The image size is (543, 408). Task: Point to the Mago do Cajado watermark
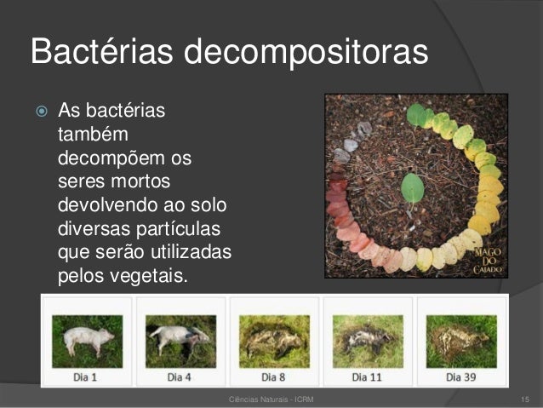(488, 256)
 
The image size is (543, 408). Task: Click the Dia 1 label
(86, 376)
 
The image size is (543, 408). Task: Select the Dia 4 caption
(180, 376)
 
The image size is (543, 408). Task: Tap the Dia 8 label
(273, 376)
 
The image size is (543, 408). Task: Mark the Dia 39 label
(460, 376)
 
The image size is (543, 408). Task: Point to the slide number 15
(525, 399)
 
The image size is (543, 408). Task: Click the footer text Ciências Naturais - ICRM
(271, 399)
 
